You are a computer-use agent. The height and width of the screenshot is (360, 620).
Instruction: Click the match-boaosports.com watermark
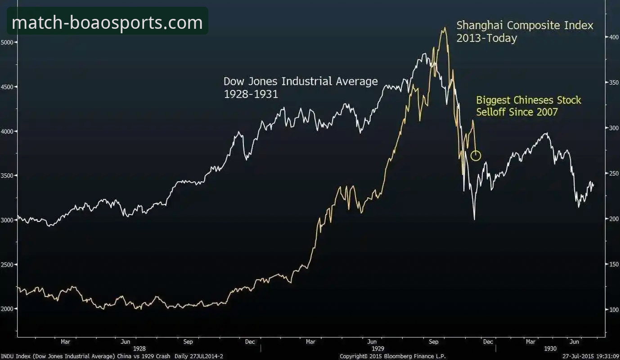click(107, 22)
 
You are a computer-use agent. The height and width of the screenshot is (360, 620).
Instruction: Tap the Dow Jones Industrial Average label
click(301, 81)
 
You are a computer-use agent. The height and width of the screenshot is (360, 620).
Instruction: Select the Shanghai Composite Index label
click(525, 25)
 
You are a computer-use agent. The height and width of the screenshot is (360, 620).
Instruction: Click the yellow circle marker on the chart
click(476, 156)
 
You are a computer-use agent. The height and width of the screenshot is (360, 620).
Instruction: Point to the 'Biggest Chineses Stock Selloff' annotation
click(529, 106)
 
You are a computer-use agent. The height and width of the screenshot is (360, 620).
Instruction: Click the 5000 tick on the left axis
click(8, 42)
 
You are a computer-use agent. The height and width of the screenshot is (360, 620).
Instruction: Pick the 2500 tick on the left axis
click(8, 265)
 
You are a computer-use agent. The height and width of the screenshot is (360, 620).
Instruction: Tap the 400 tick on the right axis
click(611, 37)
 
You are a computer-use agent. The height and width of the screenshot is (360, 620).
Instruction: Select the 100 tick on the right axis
click(611, 310)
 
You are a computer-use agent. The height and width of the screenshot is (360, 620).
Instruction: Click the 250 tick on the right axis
click(611, 173)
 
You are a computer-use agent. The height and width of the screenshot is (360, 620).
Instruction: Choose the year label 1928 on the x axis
click(139, 349)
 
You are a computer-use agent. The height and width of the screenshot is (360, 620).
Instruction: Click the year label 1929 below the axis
click(378, 349)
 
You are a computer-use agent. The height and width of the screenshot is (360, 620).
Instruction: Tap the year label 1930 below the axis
click(550, 349)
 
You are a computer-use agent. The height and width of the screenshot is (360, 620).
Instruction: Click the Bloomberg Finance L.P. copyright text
click(392, 356)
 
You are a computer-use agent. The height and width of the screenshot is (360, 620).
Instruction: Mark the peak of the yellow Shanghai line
click(445, 27)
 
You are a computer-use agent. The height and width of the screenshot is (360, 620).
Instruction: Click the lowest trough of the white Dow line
click(474, 219)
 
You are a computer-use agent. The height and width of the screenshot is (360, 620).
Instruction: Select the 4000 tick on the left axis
click(8, 131)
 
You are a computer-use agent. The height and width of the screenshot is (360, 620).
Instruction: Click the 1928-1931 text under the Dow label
click(251, 94)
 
